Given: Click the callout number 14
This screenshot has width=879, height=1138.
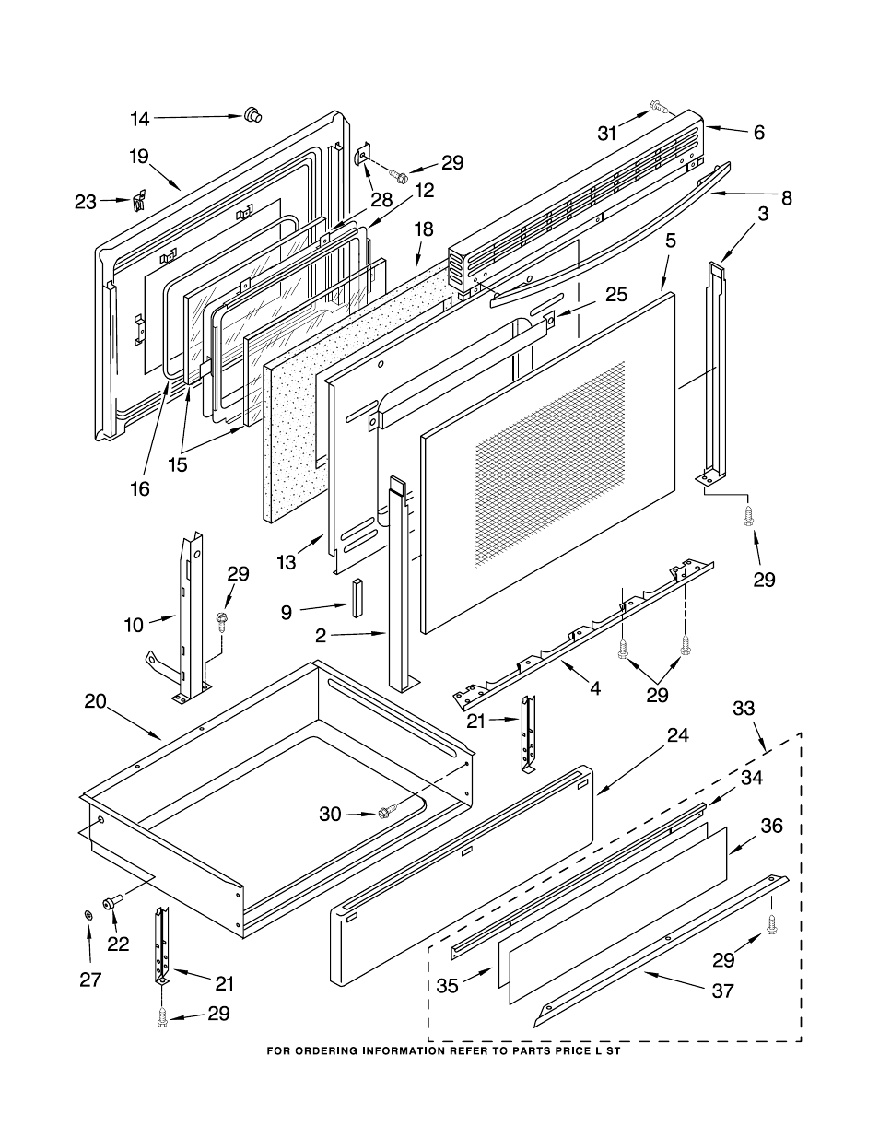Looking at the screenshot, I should (x=139, y=118).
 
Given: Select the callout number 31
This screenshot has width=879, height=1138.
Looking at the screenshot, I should (x=607, y=134).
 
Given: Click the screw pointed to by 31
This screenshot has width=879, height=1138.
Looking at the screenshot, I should (x=658, y=106).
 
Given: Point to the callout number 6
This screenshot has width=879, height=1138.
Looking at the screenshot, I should (x=758, y=133).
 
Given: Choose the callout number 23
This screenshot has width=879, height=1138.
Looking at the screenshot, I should (x=86, y=201).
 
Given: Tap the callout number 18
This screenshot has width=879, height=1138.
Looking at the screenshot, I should (x=424, y=229).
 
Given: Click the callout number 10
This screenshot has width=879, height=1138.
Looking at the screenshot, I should (x=135, y=626).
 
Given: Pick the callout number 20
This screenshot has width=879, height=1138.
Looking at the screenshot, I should (x=96, y=700).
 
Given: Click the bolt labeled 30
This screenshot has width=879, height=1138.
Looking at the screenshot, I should (x=385, y=813).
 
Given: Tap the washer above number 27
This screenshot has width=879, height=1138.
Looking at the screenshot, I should (x=88, y=914).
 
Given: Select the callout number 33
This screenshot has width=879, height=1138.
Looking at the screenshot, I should (x=744, y=708).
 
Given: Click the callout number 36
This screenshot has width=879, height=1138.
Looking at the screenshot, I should (x=770, y=826).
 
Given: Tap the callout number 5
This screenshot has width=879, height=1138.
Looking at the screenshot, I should (x=670, y=242).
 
